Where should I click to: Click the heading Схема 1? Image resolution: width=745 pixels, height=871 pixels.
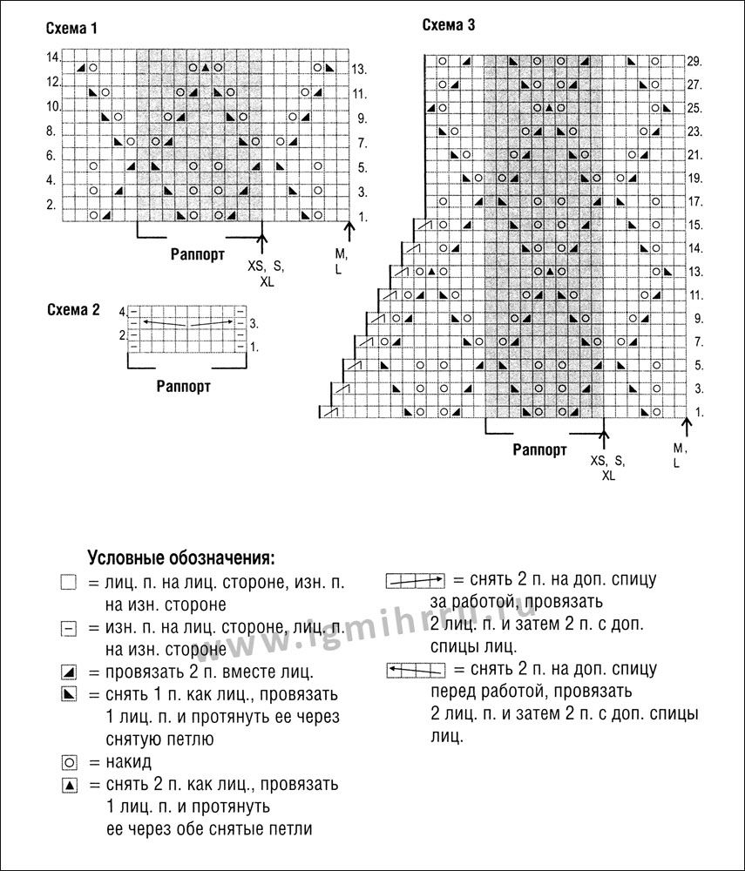[71, 29]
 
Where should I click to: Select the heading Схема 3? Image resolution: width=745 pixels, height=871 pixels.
[449, 25]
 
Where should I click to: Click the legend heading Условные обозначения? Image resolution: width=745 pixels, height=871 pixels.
[181, 557]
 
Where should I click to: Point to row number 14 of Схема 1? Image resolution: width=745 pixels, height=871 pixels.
[52, 57]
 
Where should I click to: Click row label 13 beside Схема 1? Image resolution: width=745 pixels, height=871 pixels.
[359, 69]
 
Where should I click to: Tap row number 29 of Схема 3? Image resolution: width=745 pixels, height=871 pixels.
[694, 62]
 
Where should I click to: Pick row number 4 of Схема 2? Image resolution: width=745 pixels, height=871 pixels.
[123, 311]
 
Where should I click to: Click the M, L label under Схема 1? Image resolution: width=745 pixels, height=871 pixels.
[341, 260]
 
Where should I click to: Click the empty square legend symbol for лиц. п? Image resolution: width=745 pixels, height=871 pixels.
[70, 583]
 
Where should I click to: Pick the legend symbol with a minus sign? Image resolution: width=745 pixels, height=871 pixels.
[70, 627]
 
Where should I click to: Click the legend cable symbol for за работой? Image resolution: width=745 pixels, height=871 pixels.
[415, 579]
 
